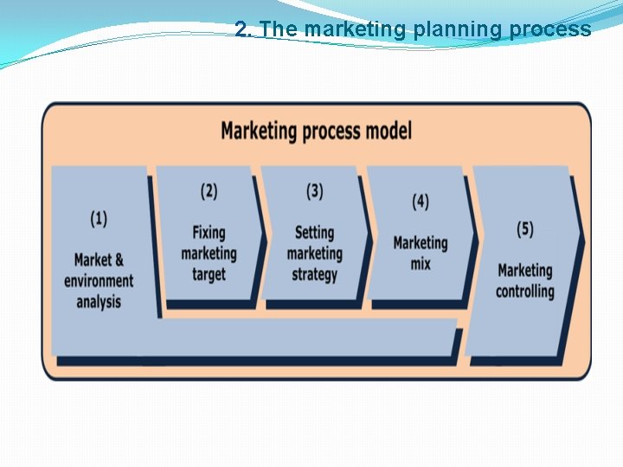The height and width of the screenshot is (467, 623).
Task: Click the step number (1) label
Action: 99,219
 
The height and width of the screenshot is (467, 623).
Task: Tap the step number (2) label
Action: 209,191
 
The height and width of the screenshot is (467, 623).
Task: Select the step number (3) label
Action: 314,191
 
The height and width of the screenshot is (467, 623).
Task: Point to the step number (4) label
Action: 420,202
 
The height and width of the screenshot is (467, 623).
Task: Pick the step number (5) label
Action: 525,229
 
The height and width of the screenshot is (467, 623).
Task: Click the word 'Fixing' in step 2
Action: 209,233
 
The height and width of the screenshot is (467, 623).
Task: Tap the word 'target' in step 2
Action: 209,274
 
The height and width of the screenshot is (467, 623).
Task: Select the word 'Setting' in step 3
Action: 314,233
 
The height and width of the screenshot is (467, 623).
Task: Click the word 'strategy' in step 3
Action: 314,274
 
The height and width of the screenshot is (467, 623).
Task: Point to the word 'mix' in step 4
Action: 421,263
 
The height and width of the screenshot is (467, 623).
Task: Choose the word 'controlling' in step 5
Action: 525,291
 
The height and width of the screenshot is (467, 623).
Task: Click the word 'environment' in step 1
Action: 99,281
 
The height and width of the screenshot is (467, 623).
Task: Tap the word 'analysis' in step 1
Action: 99,302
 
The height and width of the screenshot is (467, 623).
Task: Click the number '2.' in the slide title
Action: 243,29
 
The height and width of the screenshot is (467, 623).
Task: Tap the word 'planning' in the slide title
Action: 459,30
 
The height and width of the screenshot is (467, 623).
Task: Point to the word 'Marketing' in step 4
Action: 421,243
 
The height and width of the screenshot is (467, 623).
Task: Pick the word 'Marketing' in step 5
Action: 525,270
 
